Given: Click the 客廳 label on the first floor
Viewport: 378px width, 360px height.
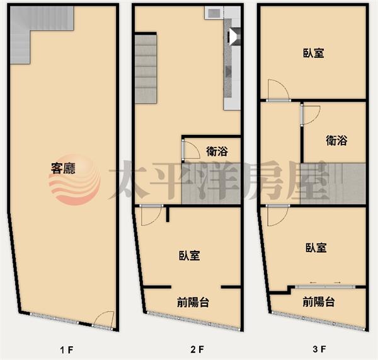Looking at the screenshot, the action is click(x=63, y=168).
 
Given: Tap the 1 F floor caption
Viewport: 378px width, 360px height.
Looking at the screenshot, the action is click(x=67, y=350).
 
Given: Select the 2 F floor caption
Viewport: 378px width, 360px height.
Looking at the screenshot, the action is click(x=197, y=349).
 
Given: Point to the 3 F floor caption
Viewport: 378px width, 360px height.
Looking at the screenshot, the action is click(x=319, y=349).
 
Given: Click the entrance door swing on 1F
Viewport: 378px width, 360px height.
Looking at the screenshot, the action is click(x=104, y=319).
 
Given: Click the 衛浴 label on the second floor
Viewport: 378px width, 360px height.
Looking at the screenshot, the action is click(x=217, y=151).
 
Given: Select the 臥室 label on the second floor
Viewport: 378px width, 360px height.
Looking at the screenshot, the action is click(x=190, y=256).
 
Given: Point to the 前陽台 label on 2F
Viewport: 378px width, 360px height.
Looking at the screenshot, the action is click(x=193, y=303).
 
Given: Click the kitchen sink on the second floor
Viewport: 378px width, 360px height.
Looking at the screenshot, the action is click(x=214, y=13).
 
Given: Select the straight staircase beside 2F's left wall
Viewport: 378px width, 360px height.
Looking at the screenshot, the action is click(x=146, y=69).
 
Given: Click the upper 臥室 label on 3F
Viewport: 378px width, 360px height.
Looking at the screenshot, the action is click(x=313, y=53).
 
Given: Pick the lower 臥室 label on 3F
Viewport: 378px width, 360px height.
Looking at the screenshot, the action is click(x=316, y=248).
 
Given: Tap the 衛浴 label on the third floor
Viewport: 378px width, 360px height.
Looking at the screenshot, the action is click(x=336, y=141).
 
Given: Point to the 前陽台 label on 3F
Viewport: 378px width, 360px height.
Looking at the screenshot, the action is click(x=319, y=302).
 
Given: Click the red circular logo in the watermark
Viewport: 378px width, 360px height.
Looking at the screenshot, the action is click(x=75, y=180).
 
